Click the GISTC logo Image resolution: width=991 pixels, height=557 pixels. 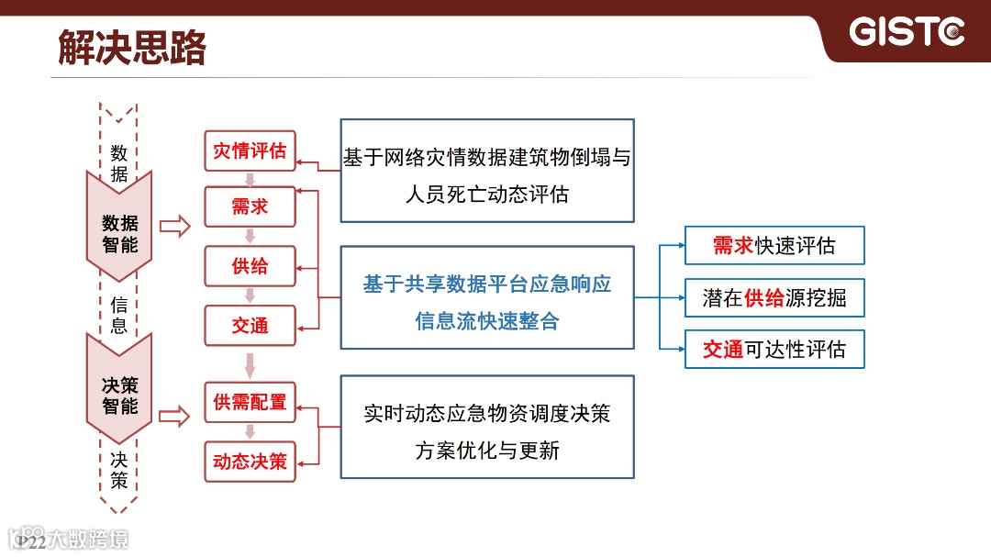coord(907,32)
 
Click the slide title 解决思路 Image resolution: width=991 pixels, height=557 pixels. coord(132,48)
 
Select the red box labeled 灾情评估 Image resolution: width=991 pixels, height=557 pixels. coord(250,150)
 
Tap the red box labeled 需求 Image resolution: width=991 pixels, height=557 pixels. coord(250,207)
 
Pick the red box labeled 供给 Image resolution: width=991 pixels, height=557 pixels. coord(250,266)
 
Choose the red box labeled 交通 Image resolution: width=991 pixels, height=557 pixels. coord(250,325)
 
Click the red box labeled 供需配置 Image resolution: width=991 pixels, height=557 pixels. coord(250,402)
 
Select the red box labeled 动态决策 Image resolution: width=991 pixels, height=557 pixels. coord(250,461)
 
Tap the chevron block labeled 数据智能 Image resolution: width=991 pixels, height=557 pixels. coord(119,233)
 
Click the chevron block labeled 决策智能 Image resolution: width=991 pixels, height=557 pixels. coord(119,395)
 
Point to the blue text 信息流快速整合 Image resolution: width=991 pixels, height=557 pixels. coord(486,321)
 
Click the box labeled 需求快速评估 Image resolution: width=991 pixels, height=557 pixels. coord(774,246)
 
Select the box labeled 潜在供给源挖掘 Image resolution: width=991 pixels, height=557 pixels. coord(774,297)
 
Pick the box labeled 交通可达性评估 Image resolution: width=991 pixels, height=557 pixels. coord(774,350)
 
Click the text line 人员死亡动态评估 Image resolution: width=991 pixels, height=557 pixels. coord(486,195)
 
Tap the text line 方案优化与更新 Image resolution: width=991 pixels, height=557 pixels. coord(486,451)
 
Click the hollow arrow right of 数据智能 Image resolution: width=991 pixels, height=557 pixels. coord(173,226)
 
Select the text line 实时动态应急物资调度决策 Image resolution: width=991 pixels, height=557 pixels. coord(486,414)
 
